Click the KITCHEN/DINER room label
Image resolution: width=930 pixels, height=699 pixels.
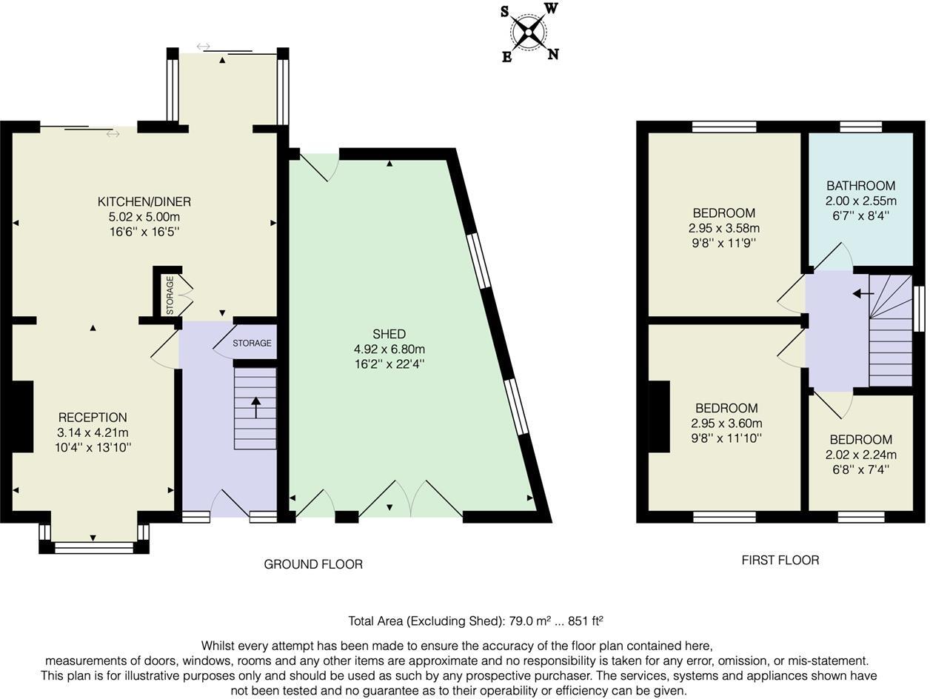(x=144, y=201)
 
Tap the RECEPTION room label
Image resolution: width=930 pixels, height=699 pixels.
(x=93, y=418)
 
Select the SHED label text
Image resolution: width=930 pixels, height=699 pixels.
(x=389, y=334)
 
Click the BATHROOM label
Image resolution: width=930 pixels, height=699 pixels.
(x=860, y=186)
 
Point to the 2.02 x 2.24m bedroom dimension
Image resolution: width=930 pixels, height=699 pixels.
(x=860, y=455)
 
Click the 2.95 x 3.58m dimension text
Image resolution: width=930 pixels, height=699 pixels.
(x=723, y=228)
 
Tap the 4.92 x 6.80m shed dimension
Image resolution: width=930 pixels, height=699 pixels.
(x=389, y=349)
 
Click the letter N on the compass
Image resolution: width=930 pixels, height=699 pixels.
(x=553, y=54)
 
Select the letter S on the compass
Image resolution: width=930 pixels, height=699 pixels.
(x=504, y=12)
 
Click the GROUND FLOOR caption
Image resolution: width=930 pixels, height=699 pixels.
(x=313, y=564)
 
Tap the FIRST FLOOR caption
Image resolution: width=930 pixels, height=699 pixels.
(x=780, y=560)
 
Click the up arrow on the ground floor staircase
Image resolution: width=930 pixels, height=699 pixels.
(x=256, y=407)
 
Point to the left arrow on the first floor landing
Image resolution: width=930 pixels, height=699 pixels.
(x=863, y=293)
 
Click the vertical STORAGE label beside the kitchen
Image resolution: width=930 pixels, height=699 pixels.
(x=170, y=295)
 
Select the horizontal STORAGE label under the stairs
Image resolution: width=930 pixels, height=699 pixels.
(x=252, y=343)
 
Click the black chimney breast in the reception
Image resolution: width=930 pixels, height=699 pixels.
(x=22, y=416)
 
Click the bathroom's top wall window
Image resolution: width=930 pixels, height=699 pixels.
(x=861, y=127)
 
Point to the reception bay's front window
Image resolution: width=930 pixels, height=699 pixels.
(x=94, y=549)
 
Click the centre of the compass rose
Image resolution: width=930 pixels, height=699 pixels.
(x=529, y=32)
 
